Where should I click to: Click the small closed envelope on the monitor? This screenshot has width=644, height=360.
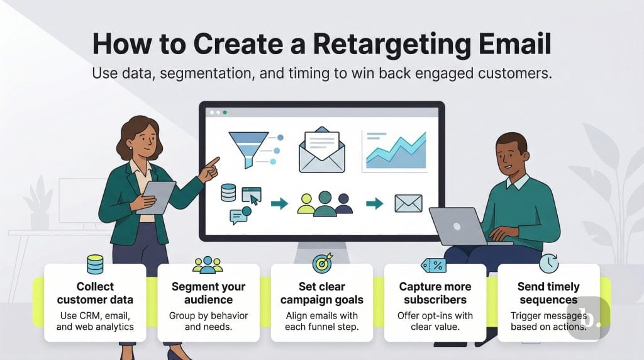click(x=408, y=203)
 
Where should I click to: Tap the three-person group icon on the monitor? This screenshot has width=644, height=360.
click(x=324, y=203)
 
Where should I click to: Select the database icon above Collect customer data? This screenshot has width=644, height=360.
click(x=95, y=264)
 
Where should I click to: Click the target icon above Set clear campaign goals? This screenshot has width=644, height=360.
click(x=322, y=263)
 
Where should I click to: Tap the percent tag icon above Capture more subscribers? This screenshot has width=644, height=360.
click(x=434, y=265)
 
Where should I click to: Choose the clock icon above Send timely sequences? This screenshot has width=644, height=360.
click(x=548, y=263)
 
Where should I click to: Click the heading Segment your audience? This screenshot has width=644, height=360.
click(x=208, y=293)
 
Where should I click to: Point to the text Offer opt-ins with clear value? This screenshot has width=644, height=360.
click(x=435, y=321)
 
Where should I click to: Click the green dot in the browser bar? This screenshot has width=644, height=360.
click(x=225, y=113)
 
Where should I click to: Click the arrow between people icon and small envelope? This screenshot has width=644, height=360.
click(x=374, y=203)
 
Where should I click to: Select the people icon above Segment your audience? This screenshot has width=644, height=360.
click(x=208, y=264)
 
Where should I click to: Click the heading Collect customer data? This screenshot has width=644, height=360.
click(x=95, y=293)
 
